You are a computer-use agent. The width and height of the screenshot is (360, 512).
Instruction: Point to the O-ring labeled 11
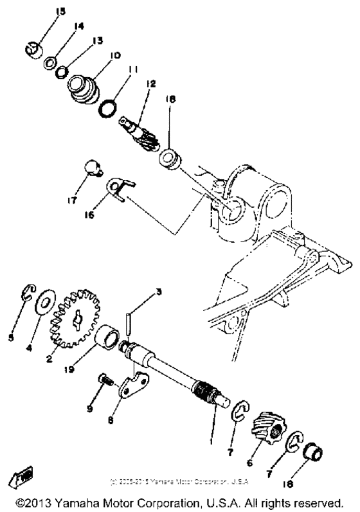[x=111, y=105]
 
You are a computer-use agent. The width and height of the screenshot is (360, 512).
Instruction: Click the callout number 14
[x=78, y=26]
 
